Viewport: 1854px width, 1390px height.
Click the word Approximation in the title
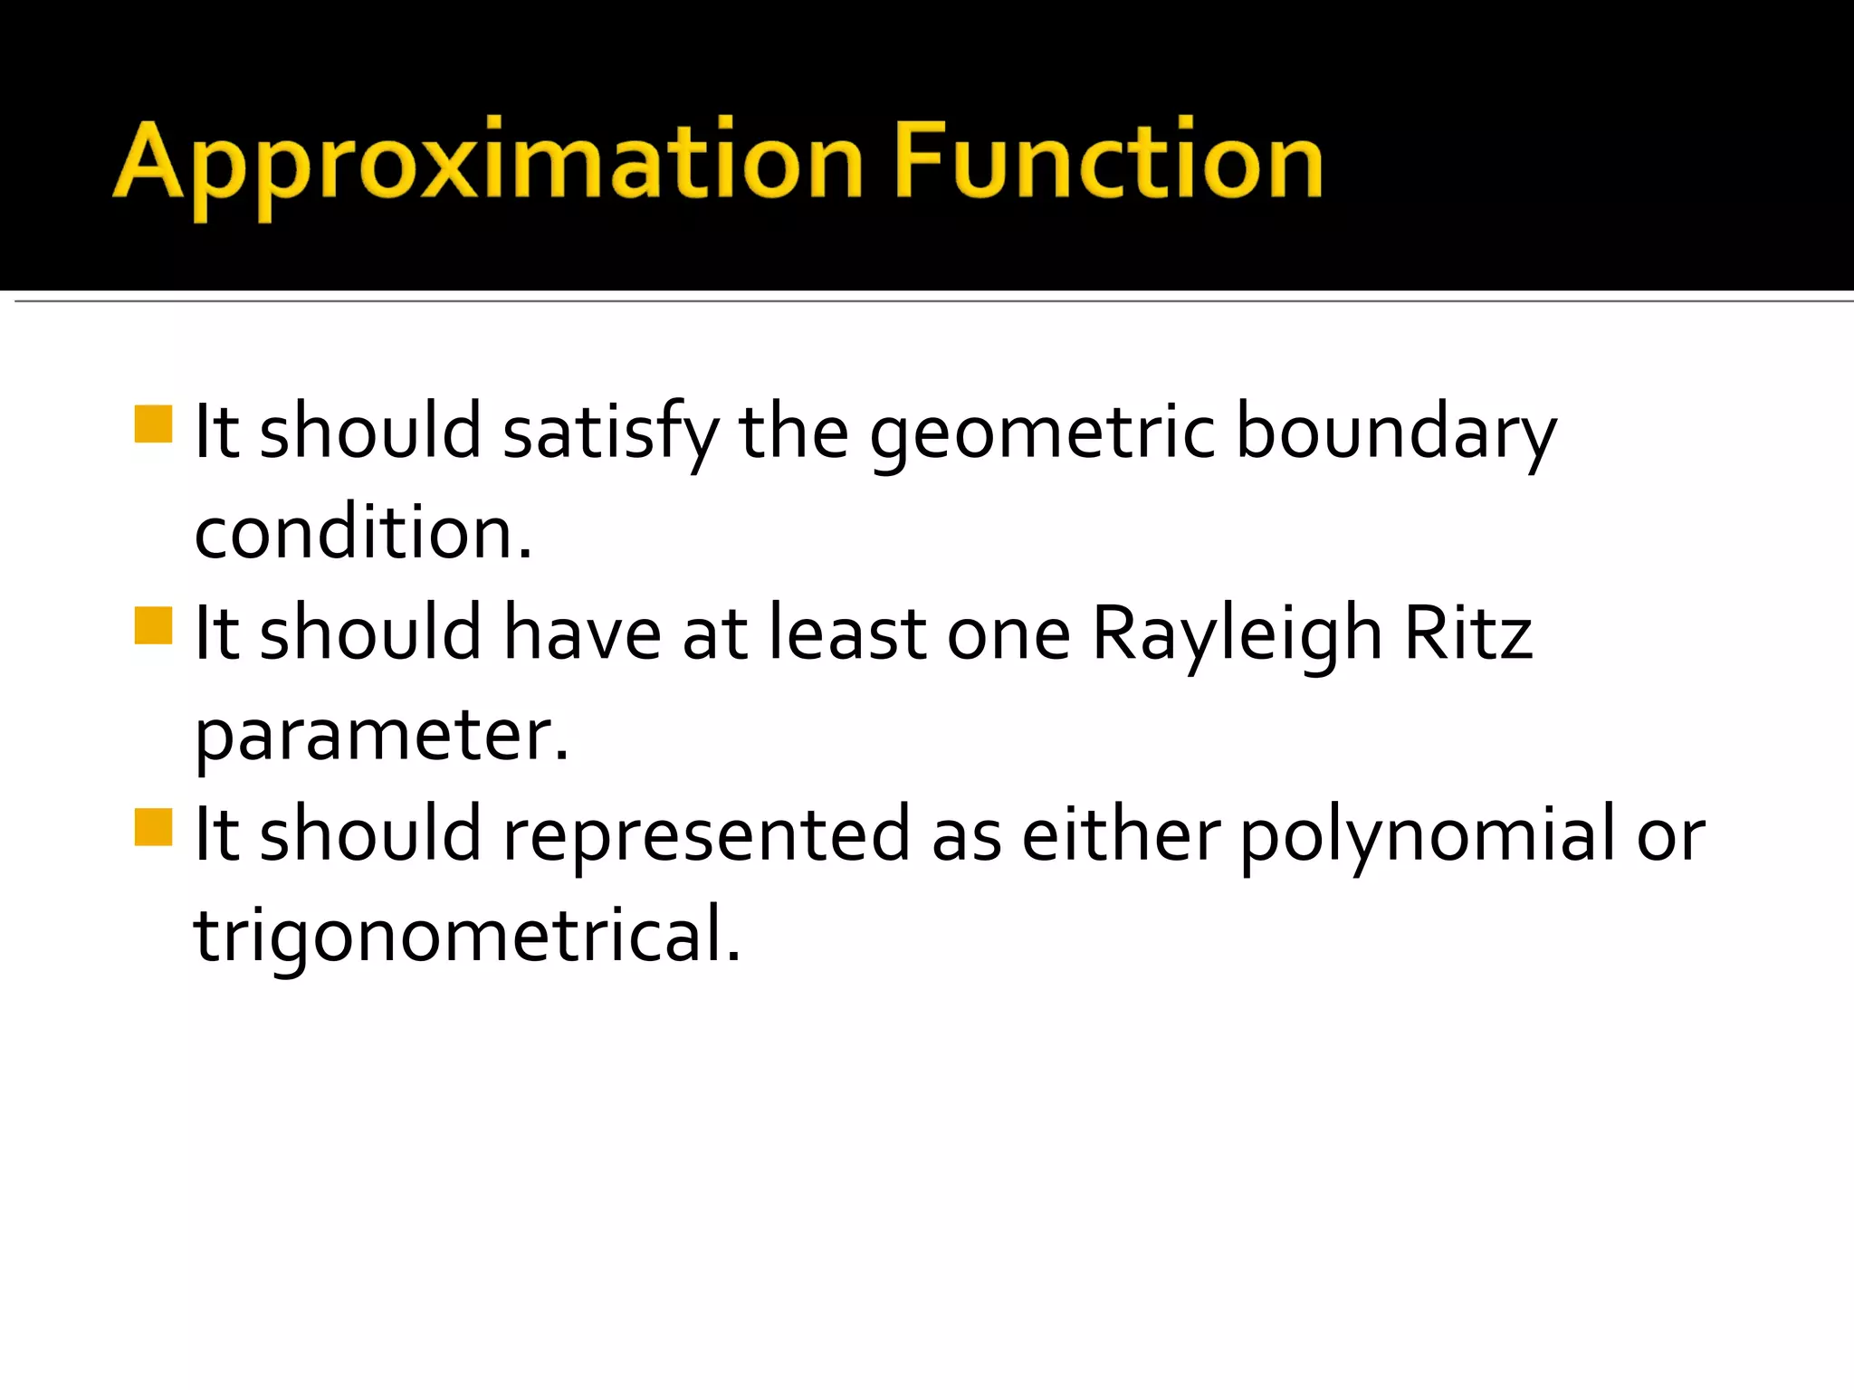tap(489, 163)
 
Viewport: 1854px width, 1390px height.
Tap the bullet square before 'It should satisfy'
tap(153, 424)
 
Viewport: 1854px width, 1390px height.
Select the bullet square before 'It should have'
tap(153, 625)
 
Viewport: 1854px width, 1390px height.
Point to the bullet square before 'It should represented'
tap(153, 826)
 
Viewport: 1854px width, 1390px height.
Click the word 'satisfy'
tap(611, 433)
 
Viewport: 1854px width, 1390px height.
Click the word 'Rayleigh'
tap(1237, 634)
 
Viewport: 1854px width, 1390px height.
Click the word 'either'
tap(1121, 834)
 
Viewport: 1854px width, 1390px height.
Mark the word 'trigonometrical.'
tap(467, 936)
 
